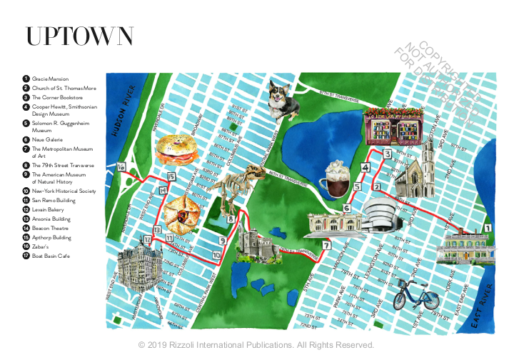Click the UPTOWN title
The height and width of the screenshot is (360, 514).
coord(79,36)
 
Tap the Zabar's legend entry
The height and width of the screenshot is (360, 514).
coord(42,245)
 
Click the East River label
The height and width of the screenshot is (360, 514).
coord(488,308)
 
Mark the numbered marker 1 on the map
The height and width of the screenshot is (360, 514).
coord(488,228)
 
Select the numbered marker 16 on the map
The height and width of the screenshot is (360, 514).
coord(121,167)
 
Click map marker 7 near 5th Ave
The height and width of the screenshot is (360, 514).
coord(326,246)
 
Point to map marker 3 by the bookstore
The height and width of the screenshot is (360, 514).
coord(387,154)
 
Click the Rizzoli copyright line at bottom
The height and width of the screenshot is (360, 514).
coord(256,345)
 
